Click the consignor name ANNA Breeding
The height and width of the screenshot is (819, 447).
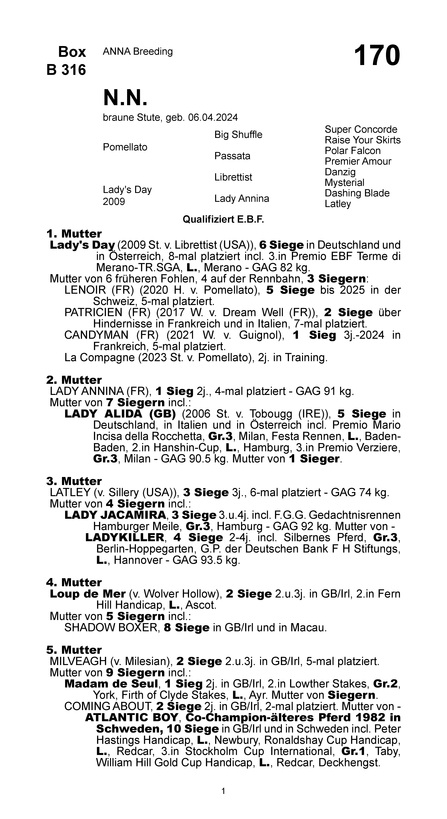click(138, 51)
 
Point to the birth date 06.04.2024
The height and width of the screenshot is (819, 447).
click(213, 118)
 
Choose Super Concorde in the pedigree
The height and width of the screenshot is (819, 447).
click(361, 129)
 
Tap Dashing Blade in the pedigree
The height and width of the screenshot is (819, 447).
click(357, 193)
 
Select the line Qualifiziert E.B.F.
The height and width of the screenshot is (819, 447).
click(223, 219)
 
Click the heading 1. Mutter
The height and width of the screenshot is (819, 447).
click(74, 234)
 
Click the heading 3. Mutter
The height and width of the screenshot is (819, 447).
click(74, 481)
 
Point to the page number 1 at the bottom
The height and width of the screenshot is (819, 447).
click(223, 791)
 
